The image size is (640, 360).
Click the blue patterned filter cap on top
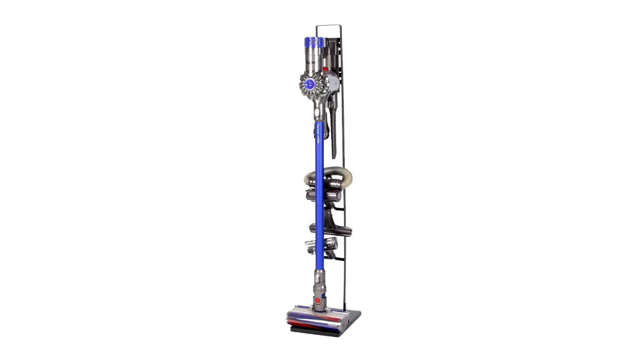[x=314, y=42]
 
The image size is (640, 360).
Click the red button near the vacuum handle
[x=325, y=69]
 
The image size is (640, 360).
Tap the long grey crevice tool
[x=333, y=128]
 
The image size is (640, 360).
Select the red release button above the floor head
[x=317, y=300]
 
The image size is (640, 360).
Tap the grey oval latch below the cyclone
[x=318, y=113]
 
